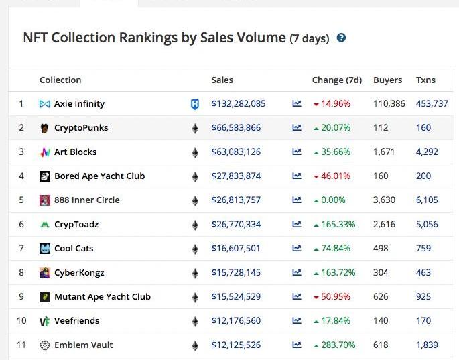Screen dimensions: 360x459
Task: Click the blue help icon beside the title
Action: tap(341, 38)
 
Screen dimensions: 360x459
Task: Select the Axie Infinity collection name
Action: tap(79, 104)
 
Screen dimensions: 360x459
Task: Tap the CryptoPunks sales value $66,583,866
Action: tap(236, 128)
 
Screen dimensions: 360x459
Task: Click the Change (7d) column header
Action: tap(336, 80)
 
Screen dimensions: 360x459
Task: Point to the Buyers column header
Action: tap(387, 80)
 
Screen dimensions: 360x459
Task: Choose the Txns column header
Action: tap(425, 80)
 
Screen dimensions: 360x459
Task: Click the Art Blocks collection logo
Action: tap(45, 152)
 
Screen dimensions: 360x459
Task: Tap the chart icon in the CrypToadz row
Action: tap(297, 225)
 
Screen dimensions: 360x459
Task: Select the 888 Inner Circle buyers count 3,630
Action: tap(385, 200)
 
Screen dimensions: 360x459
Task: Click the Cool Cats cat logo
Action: tap(45, 249)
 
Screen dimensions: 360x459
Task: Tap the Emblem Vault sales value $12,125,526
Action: tap(236, 345)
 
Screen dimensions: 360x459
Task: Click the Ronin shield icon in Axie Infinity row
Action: tap(195, 104)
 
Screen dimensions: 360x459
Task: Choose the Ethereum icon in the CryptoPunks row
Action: tap(195, 128)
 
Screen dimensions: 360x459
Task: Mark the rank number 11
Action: tap(21, 345)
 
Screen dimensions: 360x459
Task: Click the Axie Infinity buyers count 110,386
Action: tap(389, 104)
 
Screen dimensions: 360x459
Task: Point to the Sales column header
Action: tap(222, 80)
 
